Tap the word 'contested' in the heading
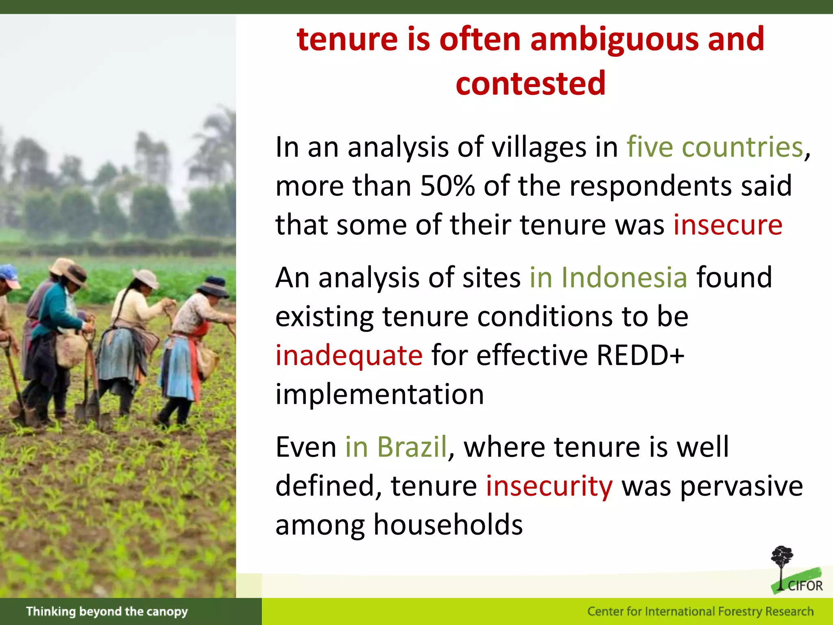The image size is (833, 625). [x=530, y=83]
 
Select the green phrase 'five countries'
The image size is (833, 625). [x=715, y=147]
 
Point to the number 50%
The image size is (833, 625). [x=447, y=186]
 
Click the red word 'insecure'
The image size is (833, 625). [x=728, y=225]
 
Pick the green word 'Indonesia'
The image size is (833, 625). [x=624, y=278]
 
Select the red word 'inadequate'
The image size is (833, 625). [x=349, y=356]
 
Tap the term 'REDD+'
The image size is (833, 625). [x=640, y=356]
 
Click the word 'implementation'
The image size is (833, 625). [x=379, y=394]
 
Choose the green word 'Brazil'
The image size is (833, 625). [x=412, y=447]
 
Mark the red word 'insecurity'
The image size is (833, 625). [x=549, y=486]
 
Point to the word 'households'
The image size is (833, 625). [x=448, y=525]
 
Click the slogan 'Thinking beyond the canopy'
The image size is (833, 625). [x=107, y=612]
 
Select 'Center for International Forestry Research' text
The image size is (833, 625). [x=700, y=612]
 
